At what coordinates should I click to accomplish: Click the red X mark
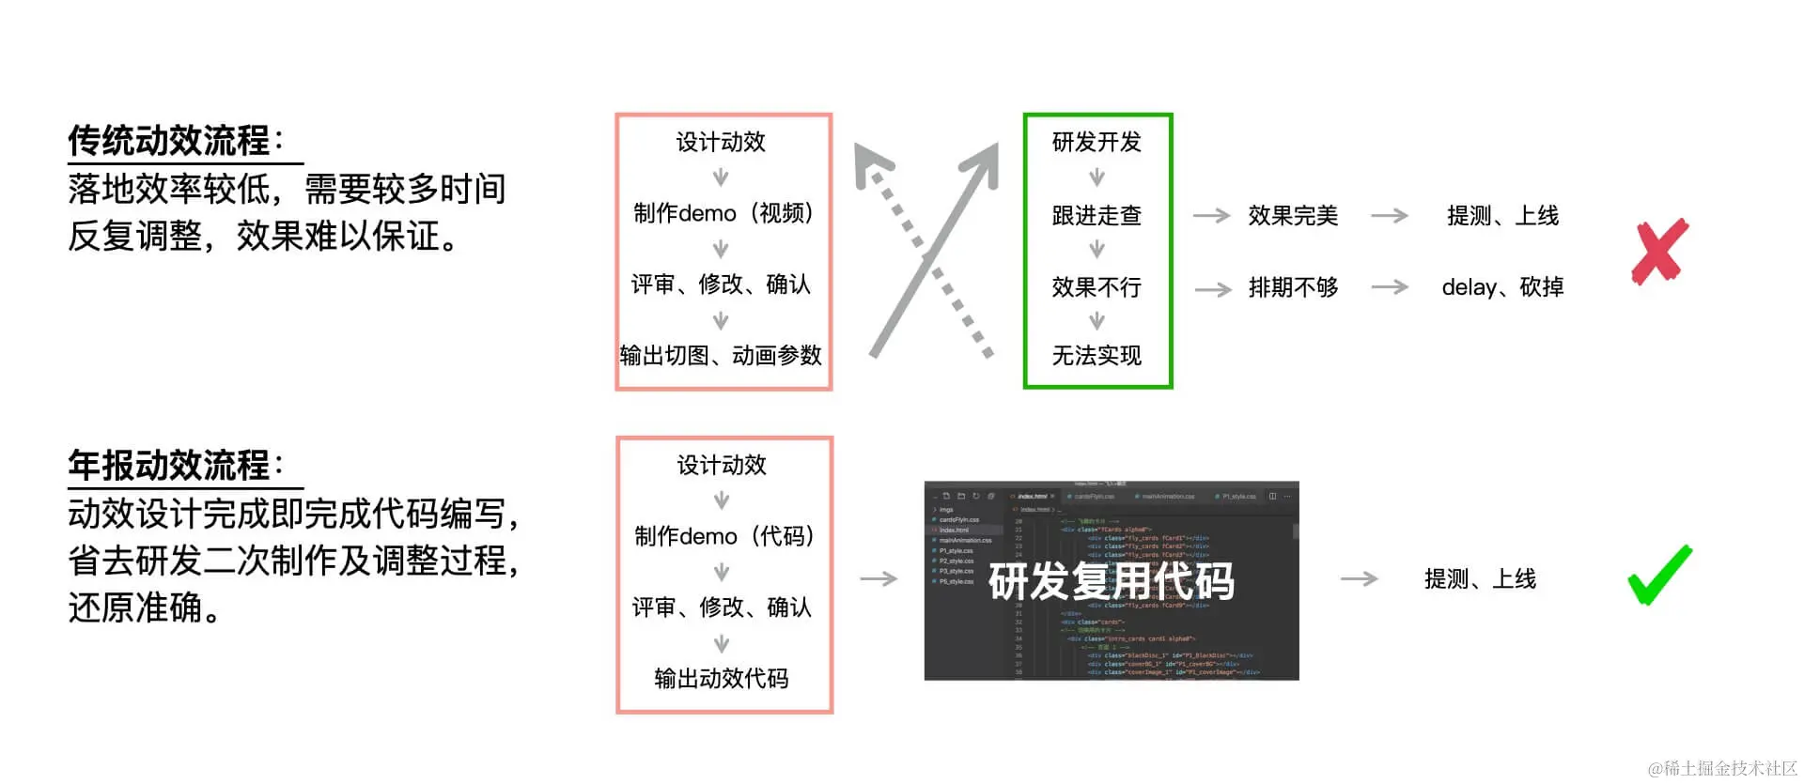click(1660, 252)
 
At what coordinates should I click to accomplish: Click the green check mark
click(1659, 576)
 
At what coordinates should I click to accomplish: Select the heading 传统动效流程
click(169, 141)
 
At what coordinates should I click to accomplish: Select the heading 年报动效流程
click(169, 466)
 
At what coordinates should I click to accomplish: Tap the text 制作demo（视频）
click(723, 213)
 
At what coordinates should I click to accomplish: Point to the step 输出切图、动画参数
click(721, 355)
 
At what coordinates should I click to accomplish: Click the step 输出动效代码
click(722, 678)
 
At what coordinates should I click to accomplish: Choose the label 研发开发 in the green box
click(1096, 142)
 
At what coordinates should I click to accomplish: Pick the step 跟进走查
click(1096, 215)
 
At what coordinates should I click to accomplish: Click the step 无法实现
click(1096, 355)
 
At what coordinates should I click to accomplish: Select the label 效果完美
click(1293, 215)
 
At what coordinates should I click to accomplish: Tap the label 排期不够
click(1293, 287)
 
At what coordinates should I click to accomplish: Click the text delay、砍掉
click(1502, 287)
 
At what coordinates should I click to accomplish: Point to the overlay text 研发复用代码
click(1112, 581)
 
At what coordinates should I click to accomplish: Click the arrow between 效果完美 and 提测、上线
click(1390, 216)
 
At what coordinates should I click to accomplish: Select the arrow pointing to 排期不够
click(1213, 288)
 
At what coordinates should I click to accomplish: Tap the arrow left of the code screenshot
click(879, 579)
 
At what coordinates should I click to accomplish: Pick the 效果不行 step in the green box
click(1096, 287)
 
